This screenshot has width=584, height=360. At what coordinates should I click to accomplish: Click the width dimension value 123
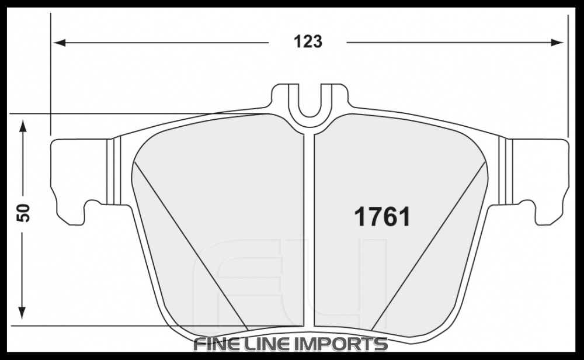[308, 42]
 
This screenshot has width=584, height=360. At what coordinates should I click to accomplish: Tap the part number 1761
[383, 217]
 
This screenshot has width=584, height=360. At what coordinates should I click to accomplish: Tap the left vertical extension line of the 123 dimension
[51, 76]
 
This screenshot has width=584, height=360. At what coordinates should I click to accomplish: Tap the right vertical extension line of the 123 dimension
[567, 76]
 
